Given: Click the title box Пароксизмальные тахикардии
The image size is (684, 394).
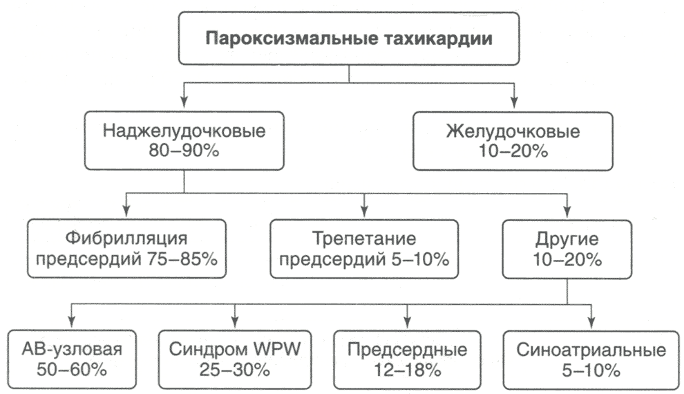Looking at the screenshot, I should [x=348, y=39].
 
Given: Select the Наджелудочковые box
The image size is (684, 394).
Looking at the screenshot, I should [x=182, y=140].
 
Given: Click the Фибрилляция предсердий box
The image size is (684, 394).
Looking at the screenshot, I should [x=126, y=249].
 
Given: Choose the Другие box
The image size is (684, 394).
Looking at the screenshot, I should [x=567, y=249].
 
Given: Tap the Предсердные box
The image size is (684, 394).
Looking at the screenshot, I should [x=406, y=359].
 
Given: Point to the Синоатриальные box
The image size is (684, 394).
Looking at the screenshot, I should [x=591, y=359].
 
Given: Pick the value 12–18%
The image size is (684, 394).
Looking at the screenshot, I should [x=406, y=369].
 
